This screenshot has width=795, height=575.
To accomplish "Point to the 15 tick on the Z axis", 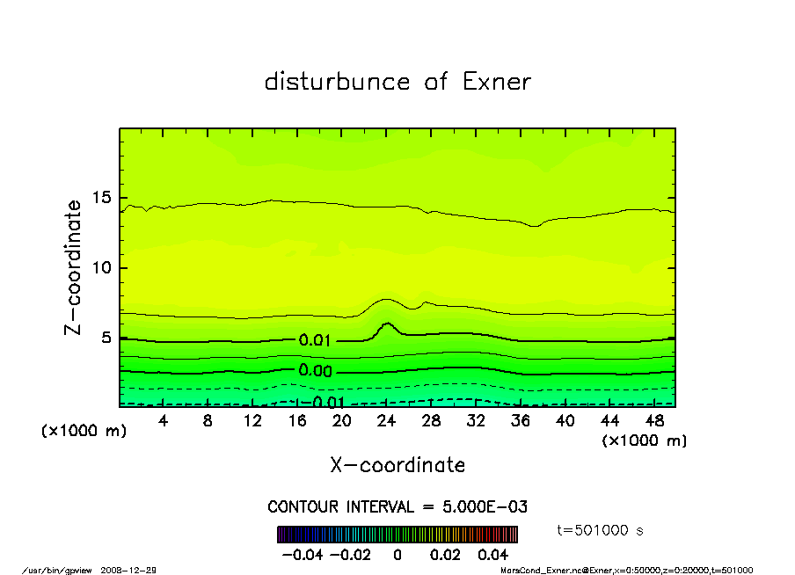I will coord(105,198).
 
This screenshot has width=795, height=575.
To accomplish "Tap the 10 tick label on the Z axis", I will coord(105,268).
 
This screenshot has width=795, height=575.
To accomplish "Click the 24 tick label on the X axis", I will coord(386,421).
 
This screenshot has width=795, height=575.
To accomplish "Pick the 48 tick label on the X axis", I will coord(654,421).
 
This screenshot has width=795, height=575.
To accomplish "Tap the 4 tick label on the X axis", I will coord(164,421).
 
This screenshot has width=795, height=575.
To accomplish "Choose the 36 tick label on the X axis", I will coord(521,421).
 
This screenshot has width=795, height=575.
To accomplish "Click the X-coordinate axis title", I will coord(397,465).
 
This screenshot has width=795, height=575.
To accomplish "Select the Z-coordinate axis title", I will coord(74,267).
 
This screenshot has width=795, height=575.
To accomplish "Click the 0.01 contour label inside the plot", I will coord(315,341).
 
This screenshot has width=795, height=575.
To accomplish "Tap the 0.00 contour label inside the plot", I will coord(315,371).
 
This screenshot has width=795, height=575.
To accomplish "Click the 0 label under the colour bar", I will coord(397,555).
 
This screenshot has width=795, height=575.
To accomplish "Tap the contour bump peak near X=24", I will coord(388,324).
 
